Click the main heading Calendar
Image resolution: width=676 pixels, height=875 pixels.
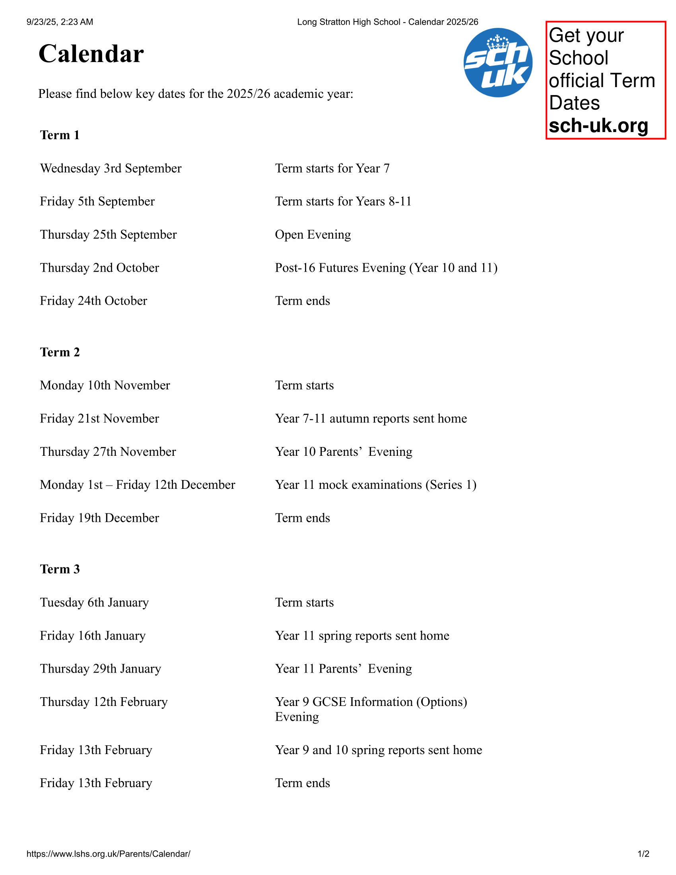pos(91,54)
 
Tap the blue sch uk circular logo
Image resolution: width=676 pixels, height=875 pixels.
pos(498,62)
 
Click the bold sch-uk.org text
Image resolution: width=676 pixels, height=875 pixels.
pos(598,125)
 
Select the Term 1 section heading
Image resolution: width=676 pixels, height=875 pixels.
pos(60,135)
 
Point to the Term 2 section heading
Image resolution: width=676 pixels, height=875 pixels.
pos(60,352)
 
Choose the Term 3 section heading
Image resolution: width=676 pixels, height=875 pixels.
pos(60,569)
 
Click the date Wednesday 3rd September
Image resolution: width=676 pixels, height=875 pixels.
pos(111,168)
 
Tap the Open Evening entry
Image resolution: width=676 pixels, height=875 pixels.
pos(313,234)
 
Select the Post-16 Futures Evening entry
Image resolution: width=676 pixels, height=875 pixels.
pos(386,268)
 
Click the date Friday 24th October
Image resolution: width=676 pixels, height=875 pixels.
pos(93,301)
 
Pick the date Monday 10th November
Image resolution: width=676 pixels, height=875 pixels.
pos(105,385)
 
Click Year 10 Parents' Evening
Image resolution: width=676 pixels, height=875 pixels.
pos(343,451)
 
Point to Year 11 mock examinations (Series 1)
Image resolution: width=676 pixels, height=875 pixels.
pos(375,485)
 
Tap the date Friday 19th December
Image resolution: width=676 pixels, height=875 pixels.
pos(99,518)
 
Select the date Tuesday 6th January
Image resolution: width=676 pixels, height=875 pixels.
pos(94,603)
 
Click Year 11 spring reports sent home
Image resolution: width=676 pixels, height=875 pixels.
pos(362,636)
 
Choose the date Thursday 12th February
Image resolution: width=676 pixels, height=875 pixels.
pos(104,702)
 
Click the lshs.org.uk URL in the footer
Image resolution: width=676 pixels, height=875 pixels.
pos(108,854)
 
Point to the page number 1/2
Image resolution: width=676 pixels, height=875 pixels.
pos(643,854)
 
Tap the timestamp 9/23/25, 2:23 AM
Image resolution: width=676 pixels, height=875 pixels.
pos(60,22)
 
